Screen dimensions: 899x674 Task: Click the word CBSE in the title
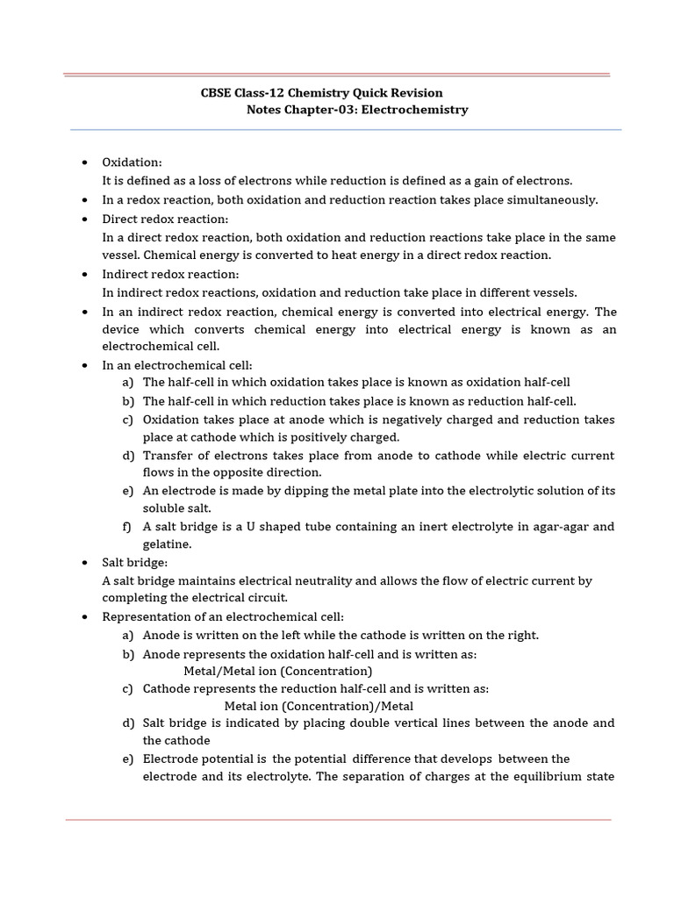click(218, 93)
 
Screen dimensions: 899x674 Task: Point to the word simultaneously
click(550, 200)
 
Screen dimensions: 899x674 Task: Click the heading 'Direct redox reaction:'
click(165, 219)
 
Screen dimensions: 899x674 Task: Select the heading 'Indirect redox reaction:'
click(170, 274)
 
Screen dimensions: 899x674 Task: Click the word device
click(122, 329)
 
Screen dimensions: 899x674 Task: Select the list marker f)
click(128, 527)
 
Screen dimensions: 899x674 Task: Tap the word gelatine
click(167, 544)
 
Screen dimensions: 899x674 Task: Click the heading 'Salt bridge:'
click(134, 562)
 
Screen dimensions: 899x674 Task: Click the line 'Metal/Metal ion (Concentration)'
click(266, 671)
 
